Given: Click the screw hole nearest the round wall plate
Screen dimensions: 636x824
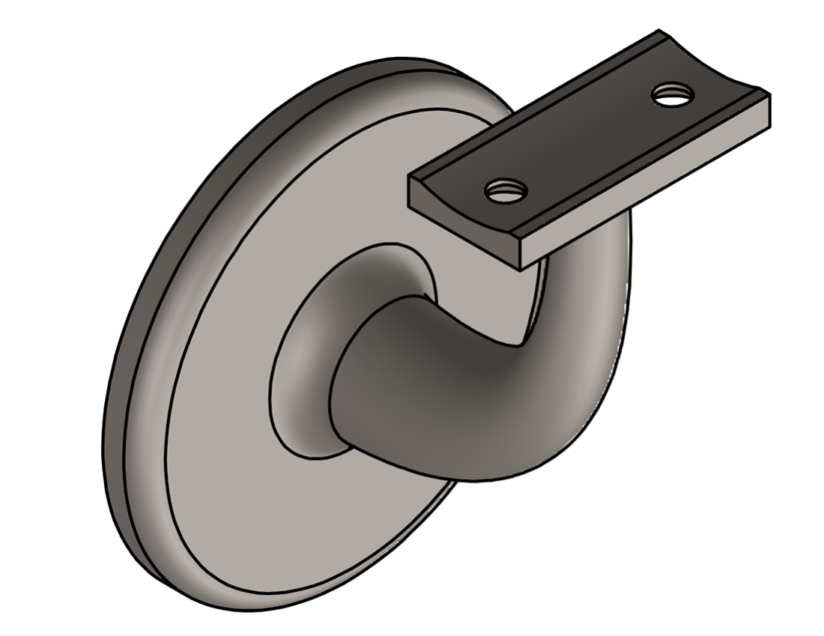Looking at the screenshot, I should coord(503,190).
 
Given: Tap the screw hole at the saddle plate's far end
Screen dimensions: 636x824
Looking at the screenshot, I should coord(673,94).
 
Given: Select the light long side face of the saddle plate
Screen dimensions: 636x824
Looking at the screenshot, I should coord(644,180).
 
